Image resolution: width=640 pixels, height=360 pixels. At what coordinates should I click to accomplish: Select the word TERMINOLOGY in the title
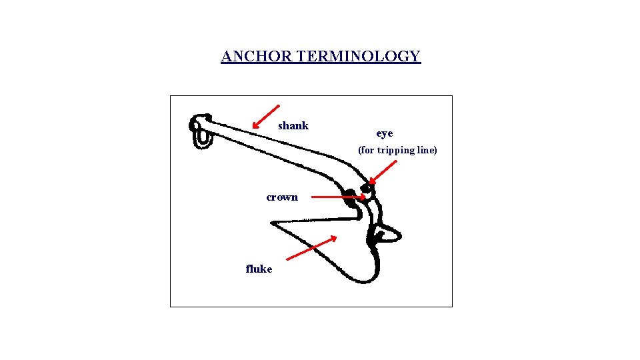click(359, 56)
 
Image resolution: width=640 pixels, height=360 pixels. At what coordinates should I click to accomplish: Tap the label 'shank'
click(293, 126)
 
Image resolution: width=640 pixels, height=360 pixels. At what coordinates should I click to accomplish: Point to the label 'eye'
click(385, 134)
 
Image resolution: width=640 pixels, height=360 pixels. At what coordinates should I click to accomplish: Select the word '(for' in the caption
click(366, 150)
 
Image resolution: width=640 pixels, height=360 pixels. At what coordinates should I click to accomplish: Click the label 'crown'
click(282, 197)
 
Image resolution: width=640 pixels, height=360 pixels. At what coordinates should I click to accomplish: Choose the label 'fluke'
click(259, 269)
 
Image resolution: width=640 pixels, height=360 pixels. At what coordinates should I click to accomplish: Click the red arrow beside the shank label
click(266, 115)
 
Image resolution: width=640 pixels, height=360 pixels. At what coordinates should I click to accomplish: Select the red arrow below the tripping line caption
click(383, 172)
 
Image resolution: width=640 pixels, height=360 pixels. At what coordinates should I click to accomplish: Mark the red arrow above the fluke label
click(311, 247)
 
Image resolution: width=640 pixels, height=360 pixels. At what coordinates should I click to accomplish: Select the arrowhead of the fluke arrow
click(333, 238)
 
